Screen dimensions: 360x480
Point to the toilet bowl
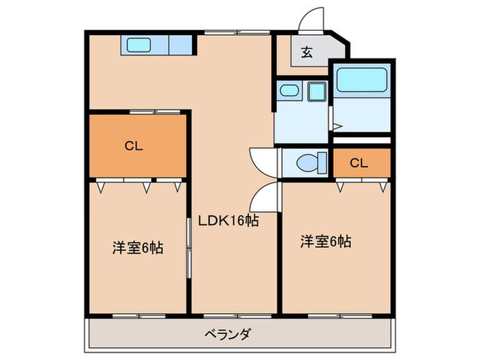[309, 163]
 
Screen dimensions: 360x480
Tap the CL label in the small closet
[358, 163]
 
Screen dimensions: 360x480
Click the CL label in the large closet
[134, 145]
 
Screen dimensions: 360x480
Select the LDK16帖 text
[228, 221]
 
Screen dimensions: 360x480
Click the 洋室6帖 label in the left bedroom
[137, 248]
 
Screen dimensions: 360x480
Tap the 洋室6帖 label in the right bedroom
[326, 241]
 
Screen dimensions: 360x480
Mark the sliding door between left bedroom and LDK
[189, 247]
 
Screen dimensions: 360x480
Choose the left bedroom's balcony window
[137, 315]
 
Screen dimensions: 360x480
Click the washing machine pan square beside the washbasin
[317, 91]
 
